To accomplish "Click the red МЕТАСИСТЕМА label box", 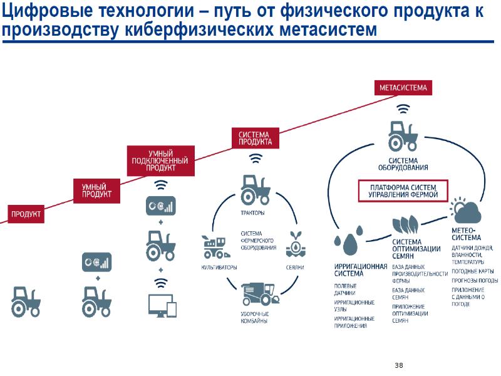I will click(x=404, y=88).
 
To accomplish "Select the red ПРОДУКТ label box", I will click(x=26, y=214).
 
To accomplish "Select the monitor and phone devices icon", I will click(x=162, y=306).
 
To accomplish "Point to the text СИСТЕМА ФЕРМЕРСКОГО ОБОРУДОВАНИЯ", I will click(x=258, y=241).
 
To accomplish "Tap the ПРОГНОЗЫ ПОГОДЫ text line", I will click(x=475, y=280).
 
